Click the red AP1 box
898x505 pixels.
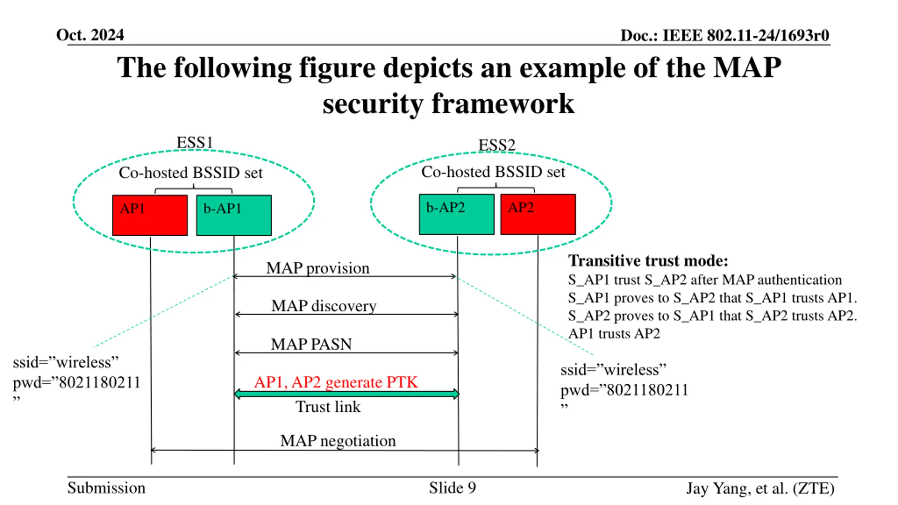[x=150, y=215]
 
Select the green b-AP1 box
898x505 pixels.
[x=234, y=215]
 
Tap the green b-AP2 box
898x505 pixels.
[x=457, y=214]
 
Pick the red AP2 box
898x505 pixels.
[x=538, y=214]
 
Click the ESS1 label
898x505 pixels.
[x=195, y=142]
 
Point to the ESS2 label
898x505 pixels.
[x=497, y=145]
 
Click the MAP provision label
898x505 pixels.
[x=318, y=268]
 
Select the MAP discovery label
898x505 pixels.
[x=324, y=306]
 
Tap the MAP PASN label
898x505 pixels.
[x=311, y=344]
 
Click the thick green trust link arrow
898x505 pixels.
[x=347, y=394]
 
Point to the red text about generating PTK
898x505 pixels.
[x=336, y=382]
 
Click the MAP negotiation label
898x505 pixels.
[x=338, y=441]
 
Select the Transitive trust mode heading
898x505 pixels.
[x=648, y=261]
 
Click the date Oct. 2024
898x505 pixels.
[x=90, y=35]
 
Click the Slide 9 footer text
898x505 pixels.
[x=453, y=488]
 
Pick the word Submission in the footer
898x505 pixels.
[x=106, y=488]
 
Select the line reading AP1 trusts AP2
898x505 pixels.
[x=614, y=333]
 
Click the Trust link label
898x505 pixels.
[x=328, y=407]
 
